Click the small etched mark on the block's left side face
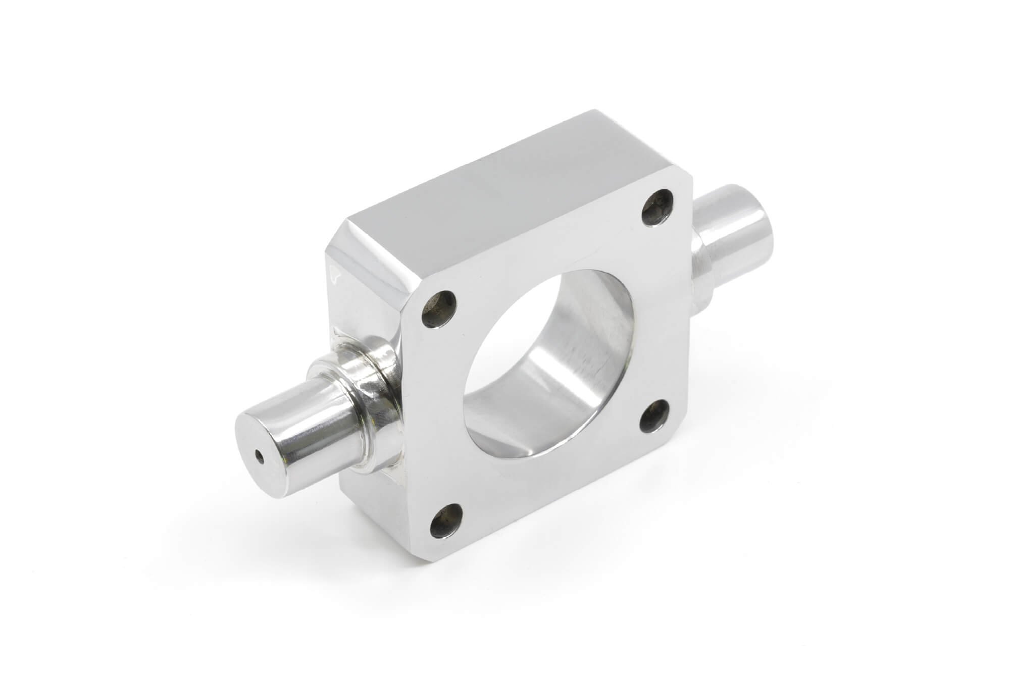(334, 273)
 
